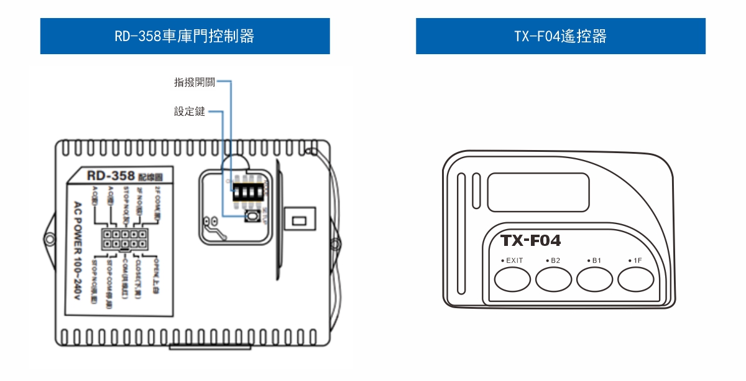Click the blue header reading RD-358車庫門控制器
[x=185, y=36]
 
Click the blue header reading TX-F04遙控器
[x=560, y=36]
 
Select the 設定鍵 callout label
[x=190, y=112]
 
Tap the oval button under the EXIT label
[x=512, y=280]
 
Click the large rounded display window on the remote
[x=538, y=191]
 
